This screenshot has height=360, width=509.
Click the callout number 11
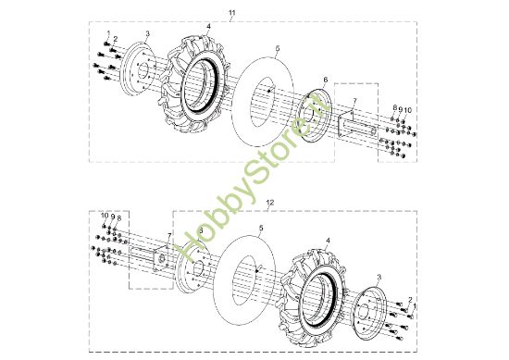click(231, 13)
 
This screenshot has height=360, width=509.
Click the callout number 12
click(270, 203)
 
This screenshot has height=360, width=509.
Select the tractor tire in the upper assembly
click(194, 84)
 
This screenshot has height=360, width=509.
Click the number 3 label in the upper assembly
click(148, 33)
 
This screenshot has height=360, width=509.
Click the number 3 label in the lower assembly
click(379, 278)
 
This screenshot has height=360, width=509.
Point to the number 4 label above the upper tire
click(208, 26)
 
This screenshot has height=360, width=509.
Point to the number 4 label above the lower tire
click(328, 241)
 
